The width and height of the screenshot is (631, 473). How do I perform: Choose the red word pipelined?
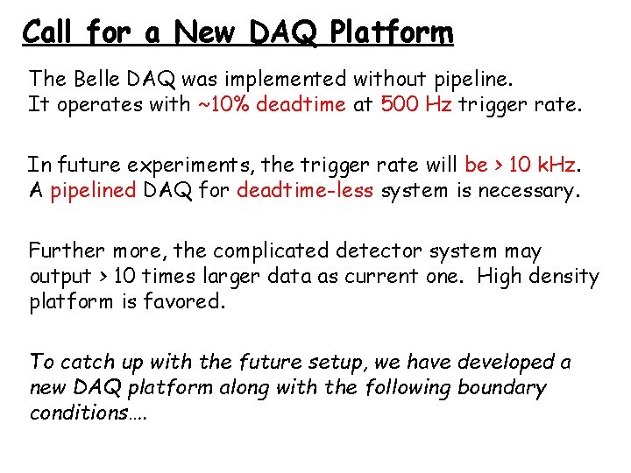(93, 190)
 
